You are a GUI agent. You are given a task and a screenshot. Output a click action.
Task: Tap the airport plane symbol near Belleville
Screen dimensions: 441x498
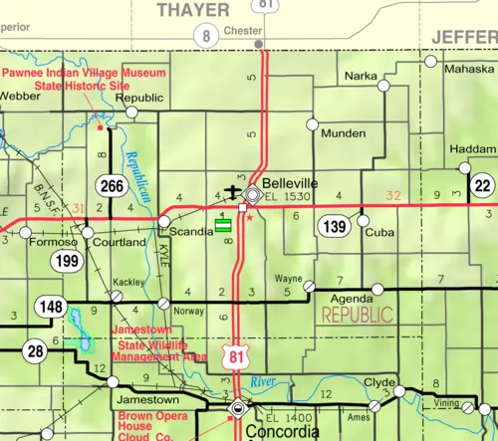232,191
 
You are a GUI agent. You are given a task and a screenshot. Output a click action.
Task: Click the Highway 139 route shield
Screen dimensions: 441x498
332,227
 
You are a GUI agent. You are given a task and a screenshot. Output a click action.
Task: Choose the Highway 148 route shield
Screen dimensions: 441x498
49,306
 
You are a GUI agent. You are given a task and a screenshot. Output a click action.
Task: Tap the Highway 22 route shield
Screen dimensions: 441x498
483,185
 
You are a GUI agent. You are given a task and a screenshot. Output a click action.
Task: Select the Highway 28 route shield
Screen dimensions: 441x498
36,350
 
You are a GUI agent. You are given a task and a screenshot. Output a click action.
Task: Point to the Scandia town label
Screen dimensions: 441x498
192,231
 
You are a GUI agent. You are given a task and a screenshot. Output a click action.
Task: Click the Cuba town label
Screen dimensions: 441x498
379,232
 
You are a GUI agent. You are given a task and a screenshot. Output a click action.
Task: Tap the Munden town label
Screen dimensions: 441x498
343,132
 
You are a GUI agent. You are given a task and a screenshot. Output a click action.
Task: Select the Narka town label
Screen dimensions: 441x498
361,76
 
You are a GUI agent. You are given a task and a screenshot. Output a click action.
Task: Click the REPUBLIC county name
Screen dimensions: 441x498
357,315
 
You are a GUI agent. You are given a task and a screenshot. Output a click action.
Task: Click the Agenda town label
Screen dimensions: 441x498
350,299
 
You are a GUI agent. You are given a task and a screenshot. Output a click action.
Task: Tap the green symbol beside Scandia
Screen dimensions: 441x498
224,226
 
